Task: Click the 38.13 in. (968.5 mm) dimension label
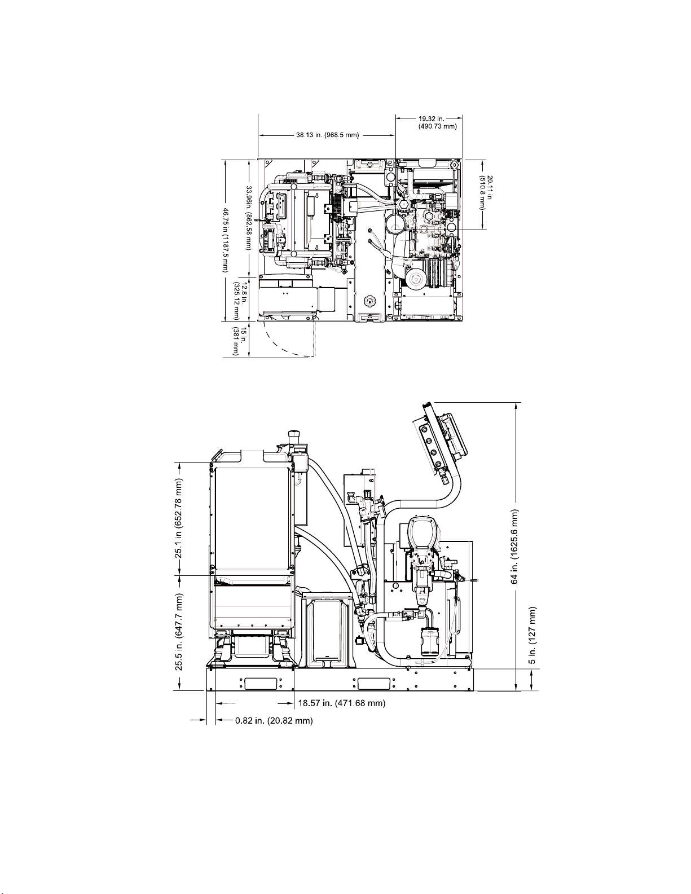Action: (327, 135)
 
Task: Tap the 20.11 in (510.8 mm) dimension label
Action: (486, 192)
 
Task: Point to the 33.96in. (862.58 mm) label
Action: (248, 218)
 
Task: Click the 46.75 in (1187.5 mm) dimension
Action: (226, 240)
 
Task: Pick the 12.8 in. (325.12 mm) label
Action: (240, 300)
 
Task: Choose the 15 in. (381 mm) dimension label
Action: (240, 341)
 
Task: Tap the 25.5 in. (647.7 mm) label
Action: (180, 632)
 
